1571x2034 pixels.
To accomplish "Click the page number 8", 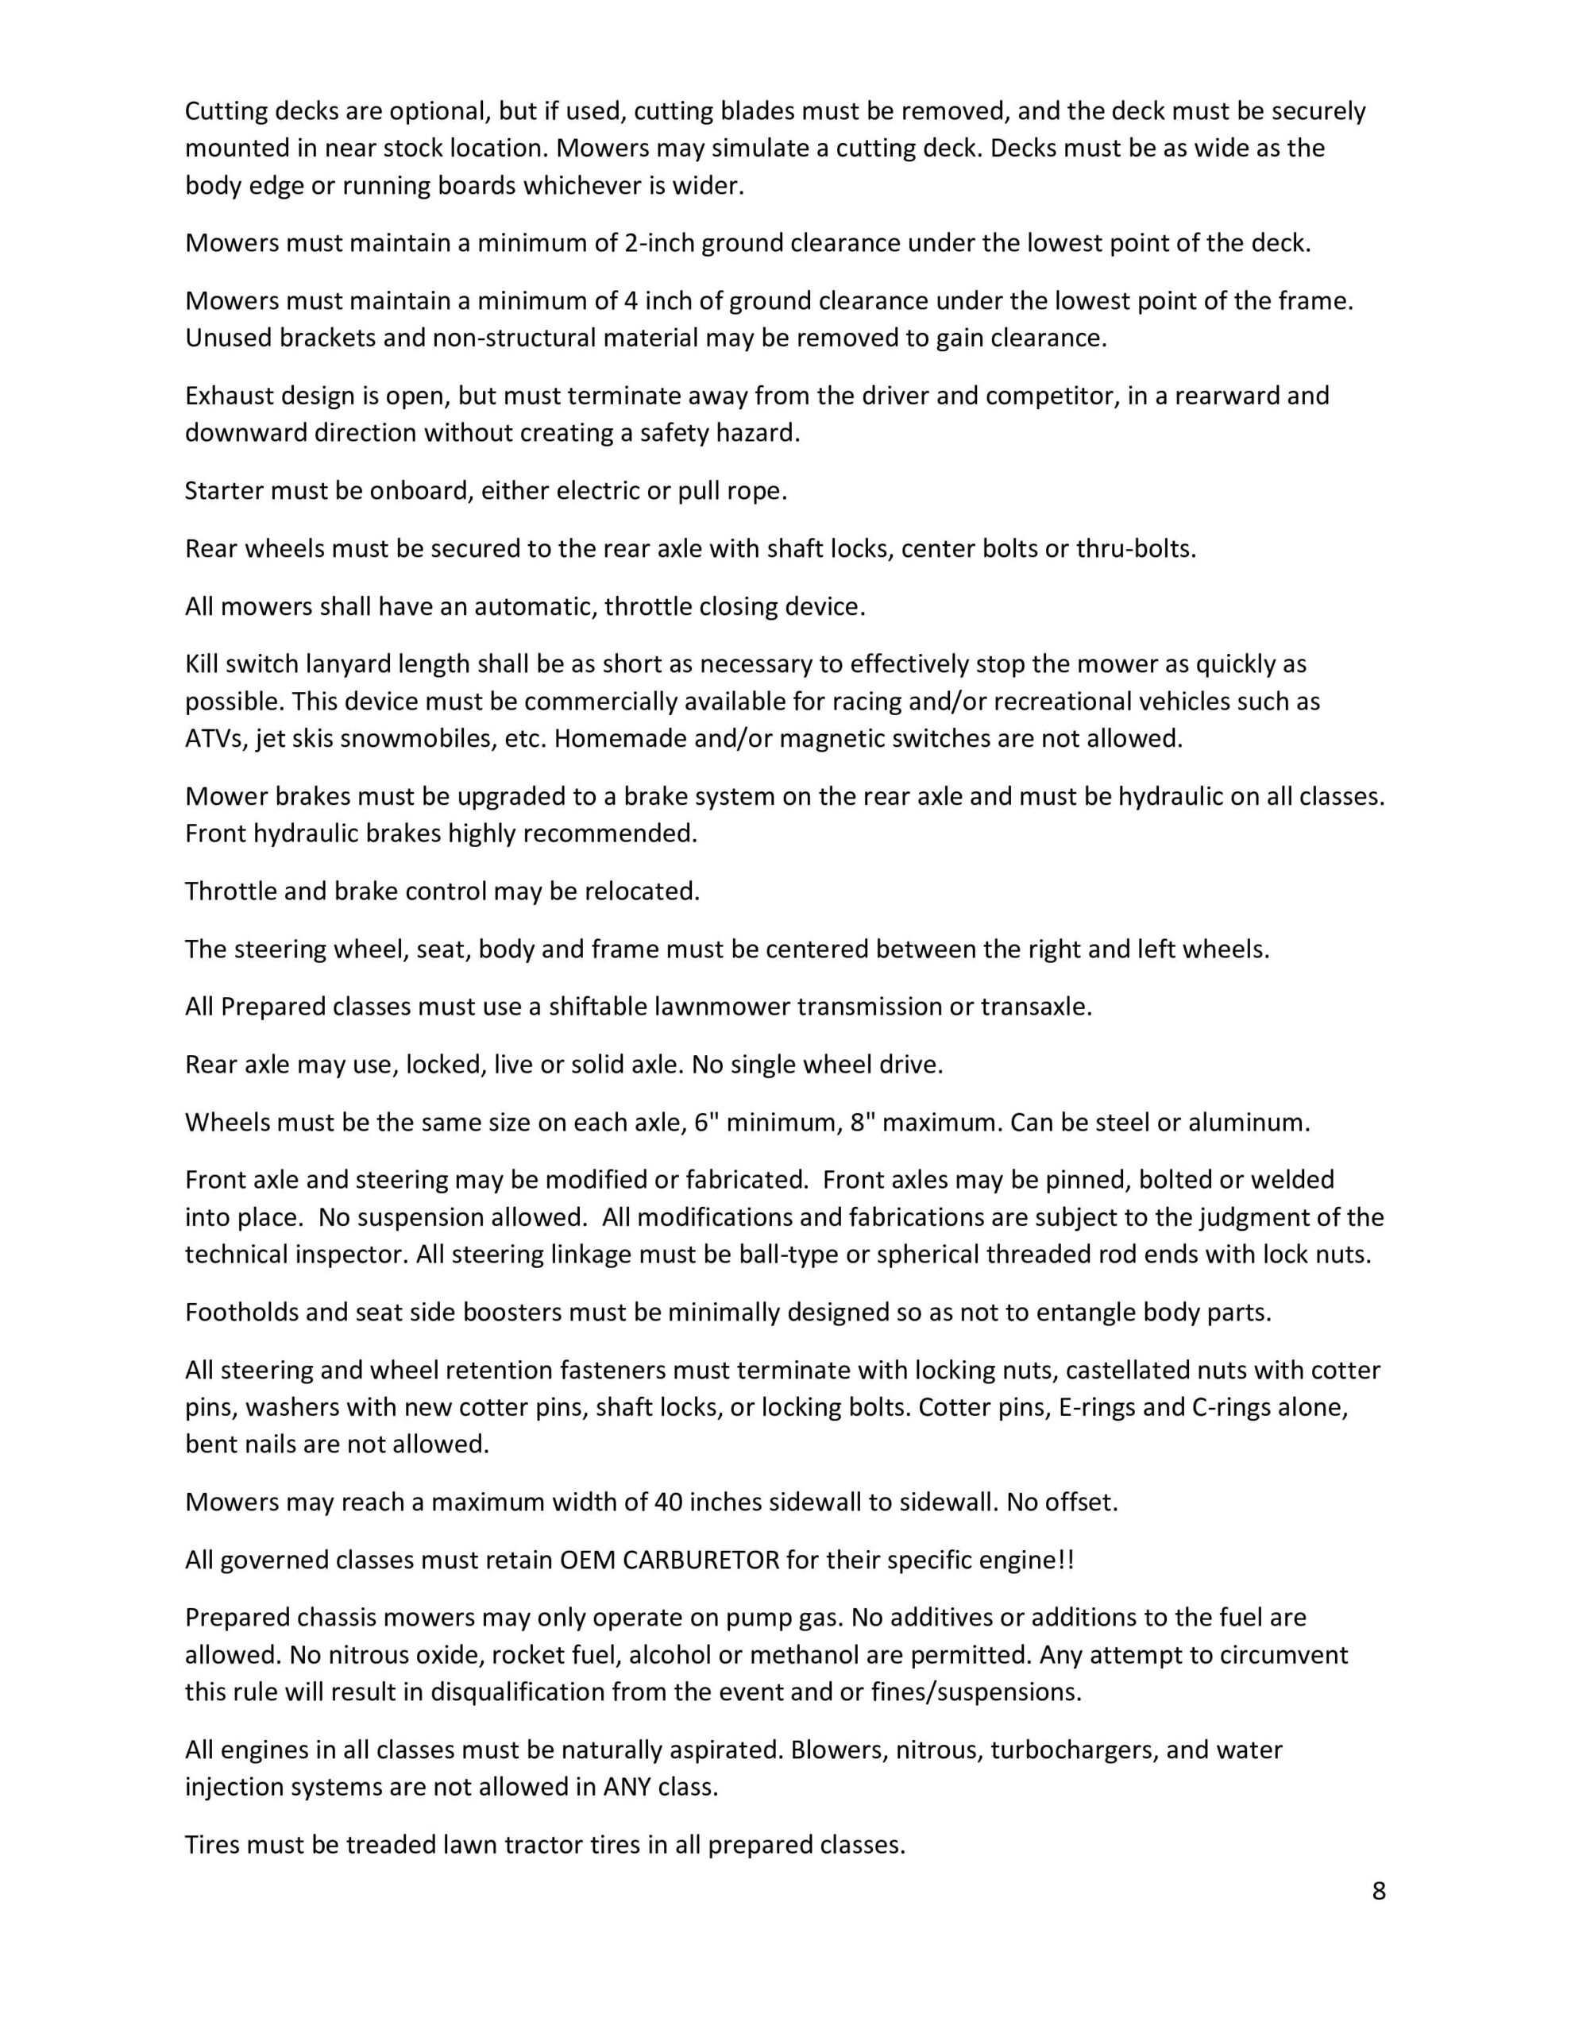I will (1378, 1890).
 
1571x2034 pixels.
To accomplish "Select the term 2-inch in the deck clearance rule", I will (658, 243).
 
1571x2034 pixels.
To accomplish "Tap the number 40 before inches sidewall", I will (669, 1502).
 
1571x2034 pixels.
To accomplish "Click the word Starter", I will (225, 491).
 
